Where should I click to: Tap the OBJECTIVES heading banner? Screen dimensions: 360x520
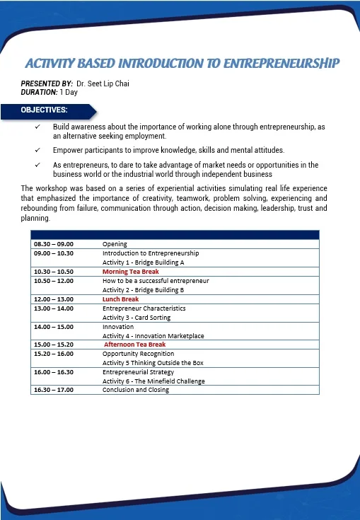click(45, 110)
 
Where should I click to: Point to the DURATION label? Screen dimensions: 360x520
click(39, 92)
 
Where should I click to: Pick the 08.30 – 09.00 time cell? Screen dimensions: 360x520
click(53, 244)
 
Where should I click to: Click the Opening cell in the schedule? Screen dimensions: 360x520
click(115, 244)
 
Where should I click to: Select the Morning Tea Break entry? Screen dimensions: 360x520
click(131, 272)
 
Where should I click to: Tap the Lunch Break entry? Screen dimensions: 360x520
click(120, 299)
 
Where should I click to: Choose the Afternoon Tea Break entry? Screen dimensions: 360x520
click(135, 345)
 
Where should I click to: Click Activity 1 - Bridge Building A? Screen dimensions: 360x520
click(144, 262)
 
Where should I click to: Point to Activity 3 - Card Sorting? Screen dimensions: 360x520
click(140, 318)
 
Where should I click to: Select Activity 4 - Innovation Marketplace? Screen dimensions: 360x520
click(153, 335)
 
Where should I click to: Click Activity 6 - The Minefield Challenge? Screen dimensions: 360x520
click(153, 381)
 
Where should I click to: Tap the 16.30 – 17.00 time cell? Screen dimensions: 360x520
click(53, 390)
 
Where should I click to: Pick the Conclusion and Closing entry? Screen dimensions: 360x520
click(136, 390)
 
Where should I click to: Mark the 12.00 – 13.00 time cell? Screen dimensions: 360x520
click(53, 299)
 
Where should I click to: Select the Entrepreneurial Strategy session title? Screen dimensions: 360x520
click(138, 372)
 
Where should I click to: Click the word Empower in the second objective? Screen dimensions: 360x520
click(68, 150)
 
